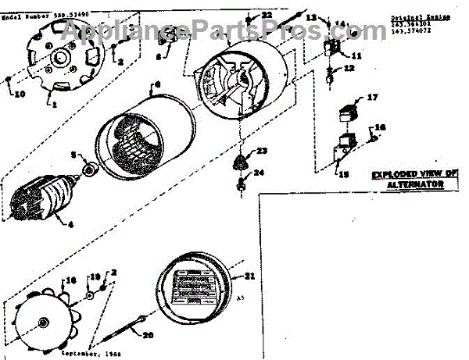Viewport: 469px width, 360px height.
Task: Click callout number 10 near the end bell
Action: [20, 94]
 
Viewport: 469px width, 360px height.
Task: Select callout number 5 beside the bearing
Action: [76, 155]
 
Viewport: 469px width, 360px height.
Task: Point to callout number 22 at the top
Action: [267, 15]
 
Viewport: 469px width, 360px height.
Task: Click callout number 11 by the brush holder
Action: [356, 55]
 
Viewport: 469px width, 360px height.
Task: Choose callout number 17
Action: [373, 98]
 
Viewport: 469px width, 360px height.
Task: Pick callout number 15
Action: [342, 173]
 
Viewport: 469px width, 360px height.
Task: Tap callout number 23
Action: [263, 150]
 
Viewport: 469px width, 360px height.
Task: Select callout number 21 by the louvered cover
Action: [250, 276]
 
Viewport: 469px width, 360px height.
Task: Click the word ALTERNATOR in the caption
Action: [418, 184]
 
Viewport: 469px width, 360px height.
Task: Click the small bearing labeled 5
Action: [89, 169]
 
